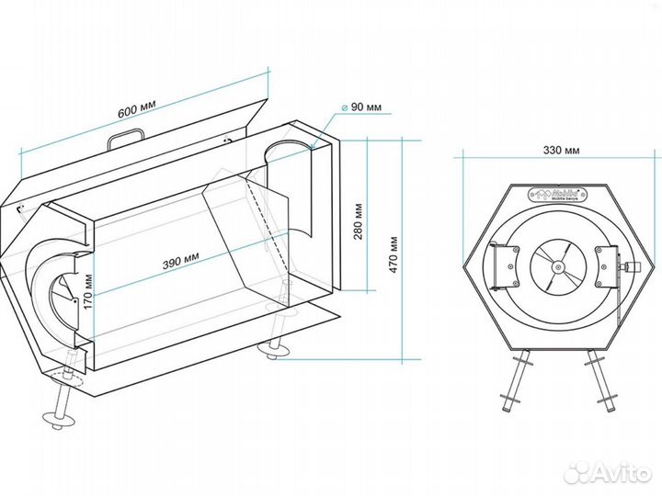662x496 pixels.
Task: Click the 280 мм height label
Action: (359, 220)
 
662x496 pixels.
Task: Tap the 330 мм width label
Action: (561, 150)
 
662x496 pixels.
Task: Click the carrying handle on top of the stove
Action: (125, 137)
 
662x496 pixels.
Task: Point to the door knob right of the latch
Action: (633, 268)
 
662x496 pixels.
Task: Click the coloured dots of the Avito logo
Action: (576, 472)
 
